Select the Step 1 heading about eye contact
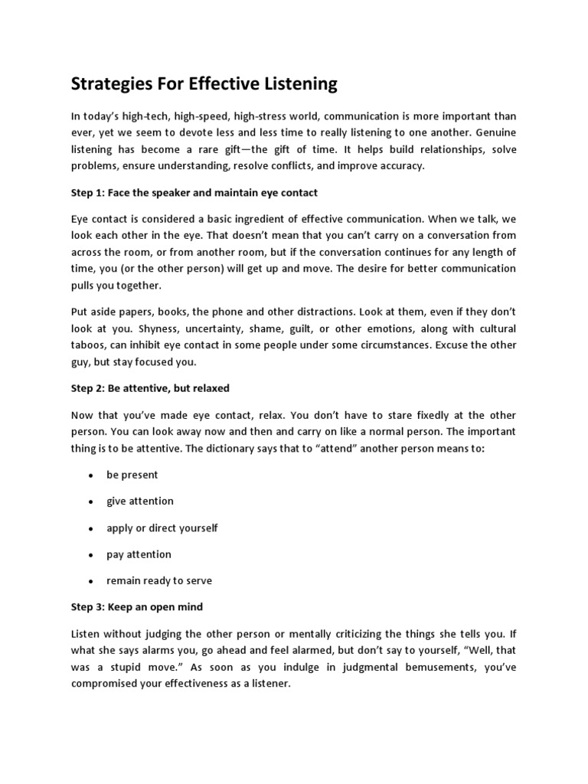click(194, 192)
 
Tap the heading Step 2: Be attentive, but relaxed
click(150, 388)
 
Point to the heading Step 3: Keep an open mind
click(138, 606)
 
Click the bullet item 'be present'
click(132, 475)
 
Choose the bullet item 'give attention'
click(139, 501)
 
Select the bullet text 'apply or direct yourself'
click(162, 528)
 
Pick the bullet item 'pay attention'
click(139, 554)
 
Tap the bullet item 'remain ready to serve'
click(159, 580)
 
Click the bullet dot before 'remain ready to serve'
click(90, 581)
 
